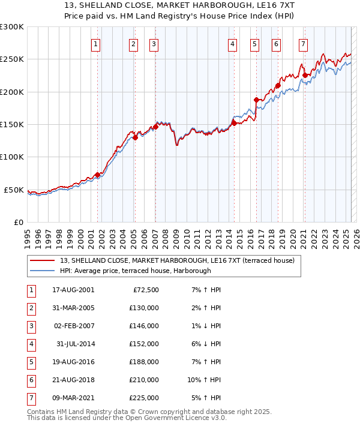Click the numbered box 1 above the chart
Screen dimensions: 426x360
pos(96,44)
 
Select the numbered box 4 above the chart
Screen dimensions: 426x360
pos(232,44)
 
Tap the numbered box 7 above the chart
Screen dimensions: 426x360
pos(304,44)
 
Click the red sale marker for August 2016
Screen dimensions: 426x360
pos(256,100)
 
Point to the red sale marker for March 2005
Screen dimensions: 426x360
pos(135,137)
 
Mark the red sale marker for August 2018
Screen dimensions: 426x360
pos(278,85)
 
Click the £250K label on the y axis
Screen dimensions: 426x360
pos(13,59)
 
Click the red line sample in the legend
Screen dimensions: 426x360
pos(43,261)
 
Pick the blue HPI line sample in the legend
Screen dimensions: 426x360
pos(43,271)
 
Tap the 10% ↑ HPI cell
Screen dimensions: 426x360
pos(204,380)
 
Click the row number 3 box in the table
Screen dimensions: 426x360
pos(30,326)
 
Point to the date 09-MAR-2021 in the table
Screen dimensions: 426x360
pos(73,398)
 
